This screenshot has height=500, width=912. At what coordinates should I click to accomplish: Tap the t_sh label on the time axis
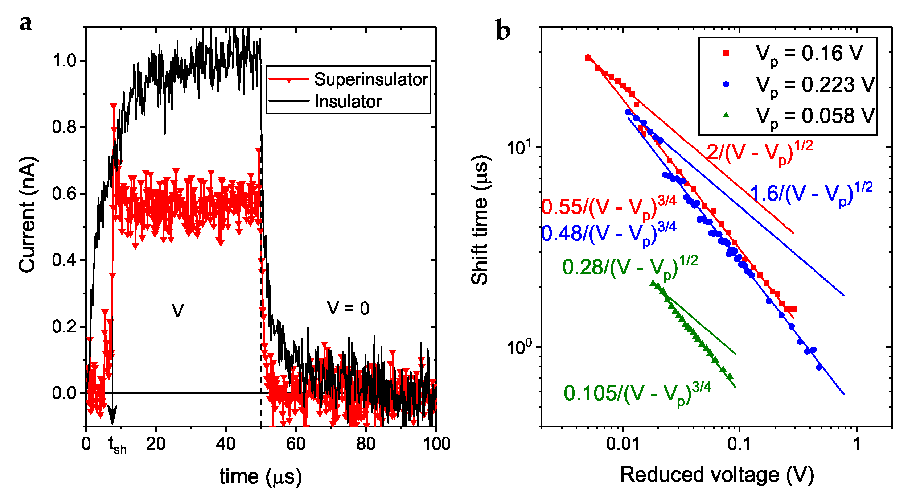click(x=118, y=445)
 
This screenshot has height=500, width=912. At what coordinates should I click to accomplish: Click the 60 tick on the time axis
click(x=295, y=444)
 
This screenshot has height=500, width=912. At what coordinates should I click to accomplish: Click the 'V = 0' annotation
click(x=348, y=309)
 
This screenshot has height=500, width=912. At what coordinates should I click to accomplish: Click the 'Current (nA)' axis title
click(x=27, y=215)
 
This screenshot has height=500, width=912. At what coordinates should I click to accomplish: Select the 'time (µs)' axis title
click(x=260, y=477)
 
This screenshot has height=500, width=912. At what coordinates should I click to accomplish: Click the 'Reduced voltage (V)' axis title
click(x=717, y=475)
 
